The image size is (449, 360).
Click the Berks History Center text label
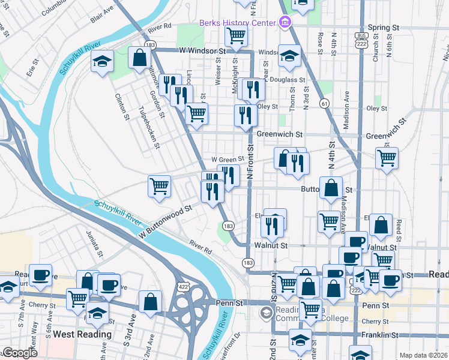238,23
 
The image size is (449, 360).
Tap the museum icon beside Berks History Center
285,23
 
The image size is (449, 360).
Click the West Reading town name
82,334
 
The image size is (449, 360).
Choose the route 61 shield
324,103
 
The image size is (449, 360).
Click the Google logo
20,353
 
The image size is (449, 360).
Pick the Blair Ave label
101,15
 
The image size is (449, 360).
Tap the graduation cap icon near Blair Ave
102,61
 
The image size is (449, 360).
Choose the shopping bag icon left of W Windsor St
139,58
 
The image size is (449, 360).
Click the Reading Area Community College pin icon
267,313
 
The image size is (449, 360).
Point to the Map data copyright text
423,355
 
